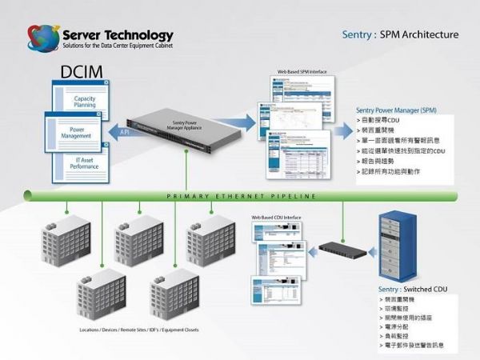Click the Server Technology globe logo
[42, 38]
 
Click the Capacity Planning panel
[85, 101]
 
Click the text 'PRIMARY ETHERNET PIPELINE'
[241, 195]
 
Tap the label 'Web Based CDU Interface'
[277, 218]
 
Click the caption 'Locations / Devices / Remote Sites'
[139, 330]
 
